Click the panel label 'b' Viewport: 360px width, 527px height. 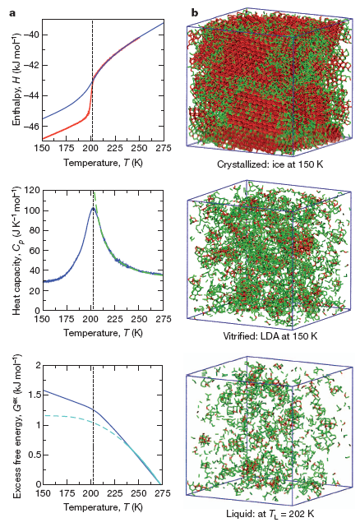pyautogui.click(x=195, y=12)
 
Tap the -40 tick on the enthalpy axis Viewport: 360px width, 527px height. pyautogui.click(x=29, y=34)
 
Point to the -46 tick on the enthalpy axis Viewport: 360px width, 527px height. pyautogui.click(x=29, y=127)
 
